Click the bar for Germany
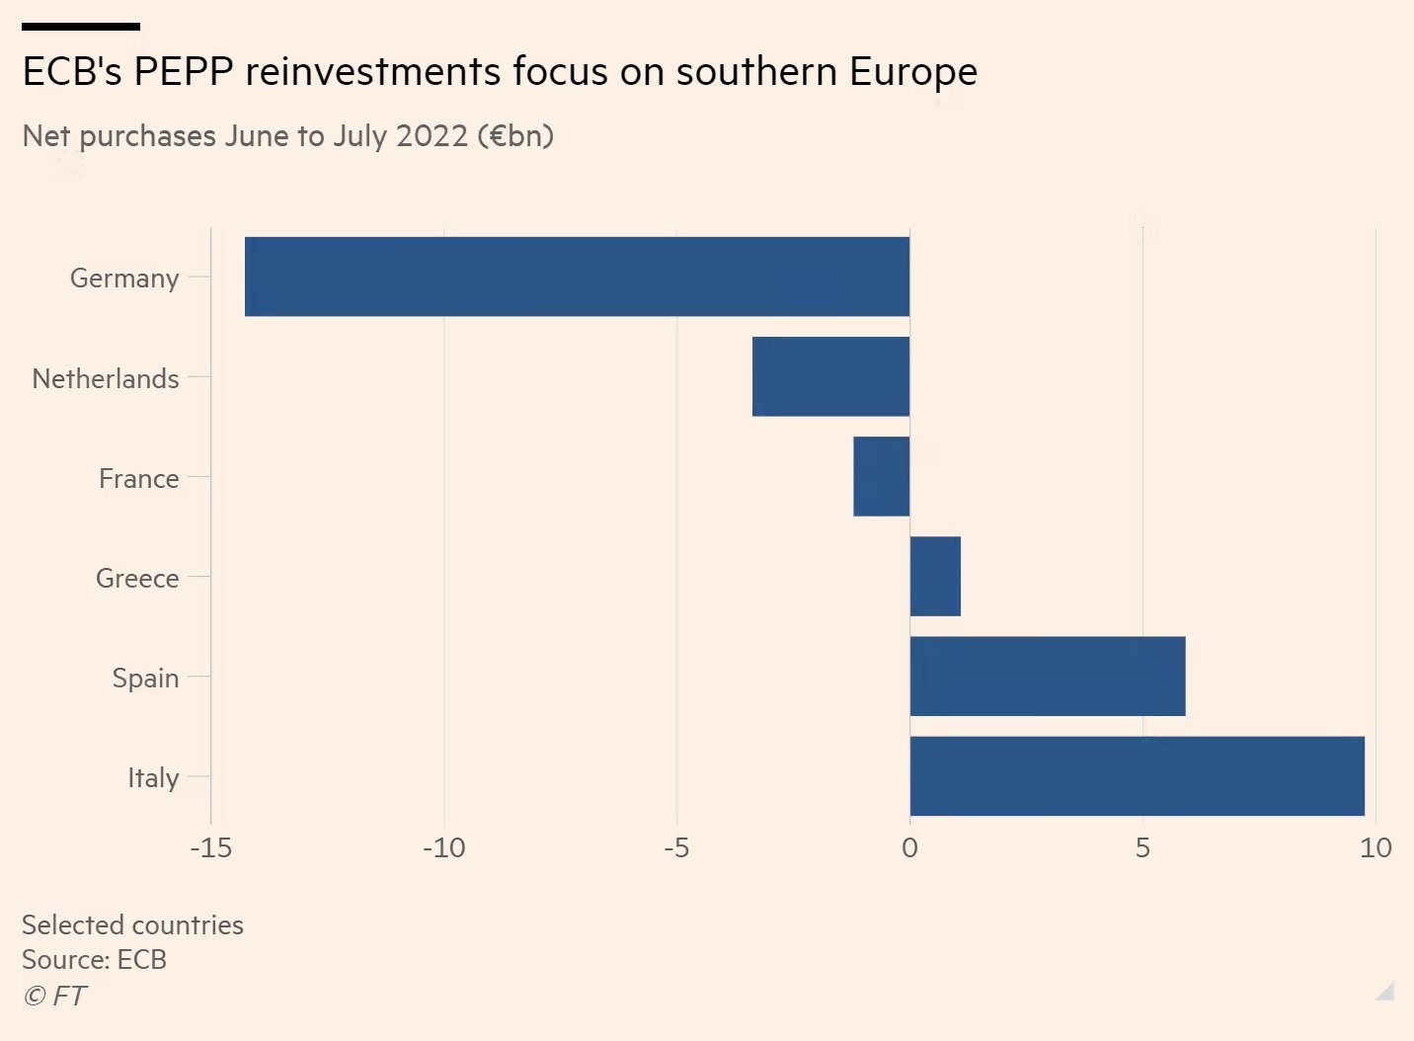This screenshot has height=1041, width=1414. pos(577,277)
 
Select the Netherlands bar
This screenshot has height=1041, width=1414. pos(830,376)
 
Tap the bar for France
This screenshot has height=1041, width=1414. pos(881,476)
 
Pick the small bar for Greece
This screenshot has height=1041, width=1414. pos(935,577)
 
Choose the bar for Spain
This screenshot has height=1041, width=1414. pos(1047,677)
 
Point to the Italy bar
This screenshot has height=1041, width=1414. pos(1137,776)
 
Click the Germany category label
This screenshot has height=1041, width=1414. pos(124,279)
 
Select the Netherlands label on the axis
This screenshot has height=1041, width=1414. pos(106,378)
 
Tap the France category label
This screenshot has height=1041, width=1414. pos(139,479)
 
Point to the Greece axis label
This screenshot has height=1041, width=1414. pos(137,579)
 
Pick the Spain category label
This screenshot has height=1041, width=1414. pos(145,679)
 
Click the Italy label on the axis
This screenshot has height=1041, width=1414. pos(153,778)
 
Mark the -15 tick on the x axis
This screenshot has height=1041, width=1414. pos(210,847)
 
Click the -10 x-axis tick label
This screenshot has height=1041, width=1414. pos(443,847)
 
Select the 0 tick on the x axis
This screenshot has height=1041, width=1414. pos(909,847)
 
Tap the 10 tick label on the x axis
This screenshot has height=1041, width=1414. pos(1375,847)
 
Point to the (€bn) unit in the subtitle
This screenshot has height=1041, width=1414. pos(514,135)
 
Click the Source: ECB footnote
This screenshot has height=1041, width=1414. pos(94,960)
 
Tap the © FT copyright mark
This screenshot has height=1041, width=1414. pos(55,996)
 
